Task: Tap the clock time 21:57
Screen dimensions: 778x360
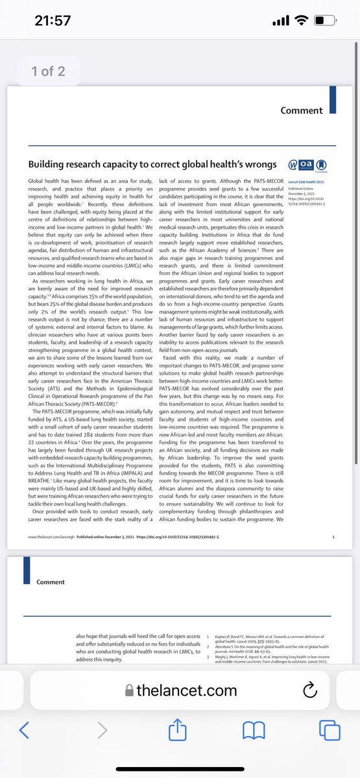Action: (52, 21)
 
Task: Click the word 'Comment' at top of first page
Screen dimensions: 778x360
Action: (302, 111)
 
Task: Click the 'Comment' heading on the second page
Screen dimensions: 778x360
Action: (51, 582)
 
